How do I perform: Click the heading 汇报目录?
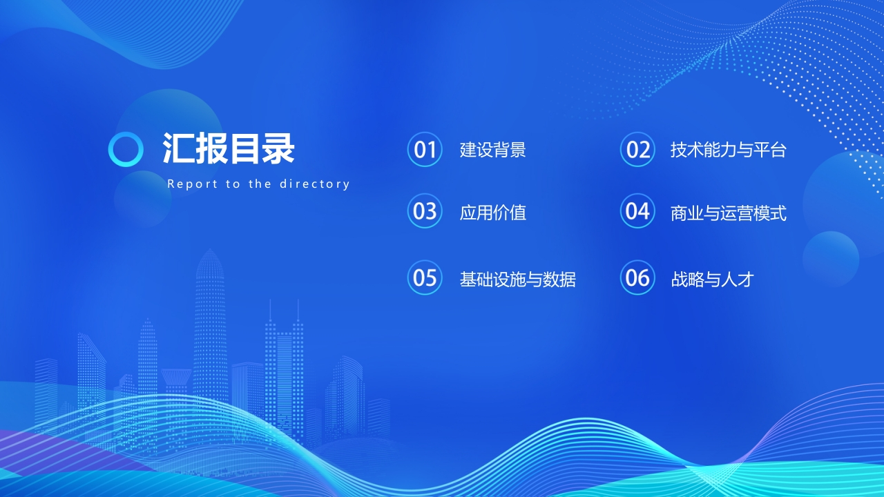pyautogui.click(x=229, y=148)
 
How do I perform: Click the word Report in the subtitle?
pyautogui.click(x=193, y=184)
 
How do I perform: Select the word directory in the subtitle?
pyautogui.click(x=314, y=184)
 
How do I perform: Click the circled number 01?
pyautogui.click(x=425, y=150)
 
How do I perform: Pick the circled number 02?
pyautogui.click(x=637, y=150)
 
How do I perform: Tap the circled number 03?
pyautogui.click(x=425, y=211)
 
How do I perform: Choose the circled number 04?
pyautogui.click(x=637, y=211)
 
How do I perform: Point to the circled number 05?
pyautogui.click(x=425, y=277)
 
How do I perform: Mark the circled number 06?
pyautogui.click(x=637, y=277)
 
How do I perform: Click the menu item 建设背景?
pyautogui.click(x=492, y=150)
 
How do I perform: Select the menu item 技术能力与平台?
pyautogui.click(x=728, y=150)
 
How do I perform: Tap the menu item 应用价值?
pyautogui.click(x=492, y=213)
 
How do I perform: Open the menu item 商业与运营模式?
pyautogui.click(x=728, y=213)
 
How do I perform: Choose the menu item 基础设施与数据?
pyautogui.click(x=517, y=280)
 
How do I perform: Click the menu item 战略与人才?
pyautogui.click(x=712, y=280)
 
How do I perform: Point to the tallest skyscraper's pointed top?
pyautogui.click(x=210, y=249)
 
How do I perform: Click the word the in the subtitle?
pyautogui.click(x=260, y=184)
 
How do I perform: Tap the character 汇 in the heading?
pyautogui.click(x=179, y=148)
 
